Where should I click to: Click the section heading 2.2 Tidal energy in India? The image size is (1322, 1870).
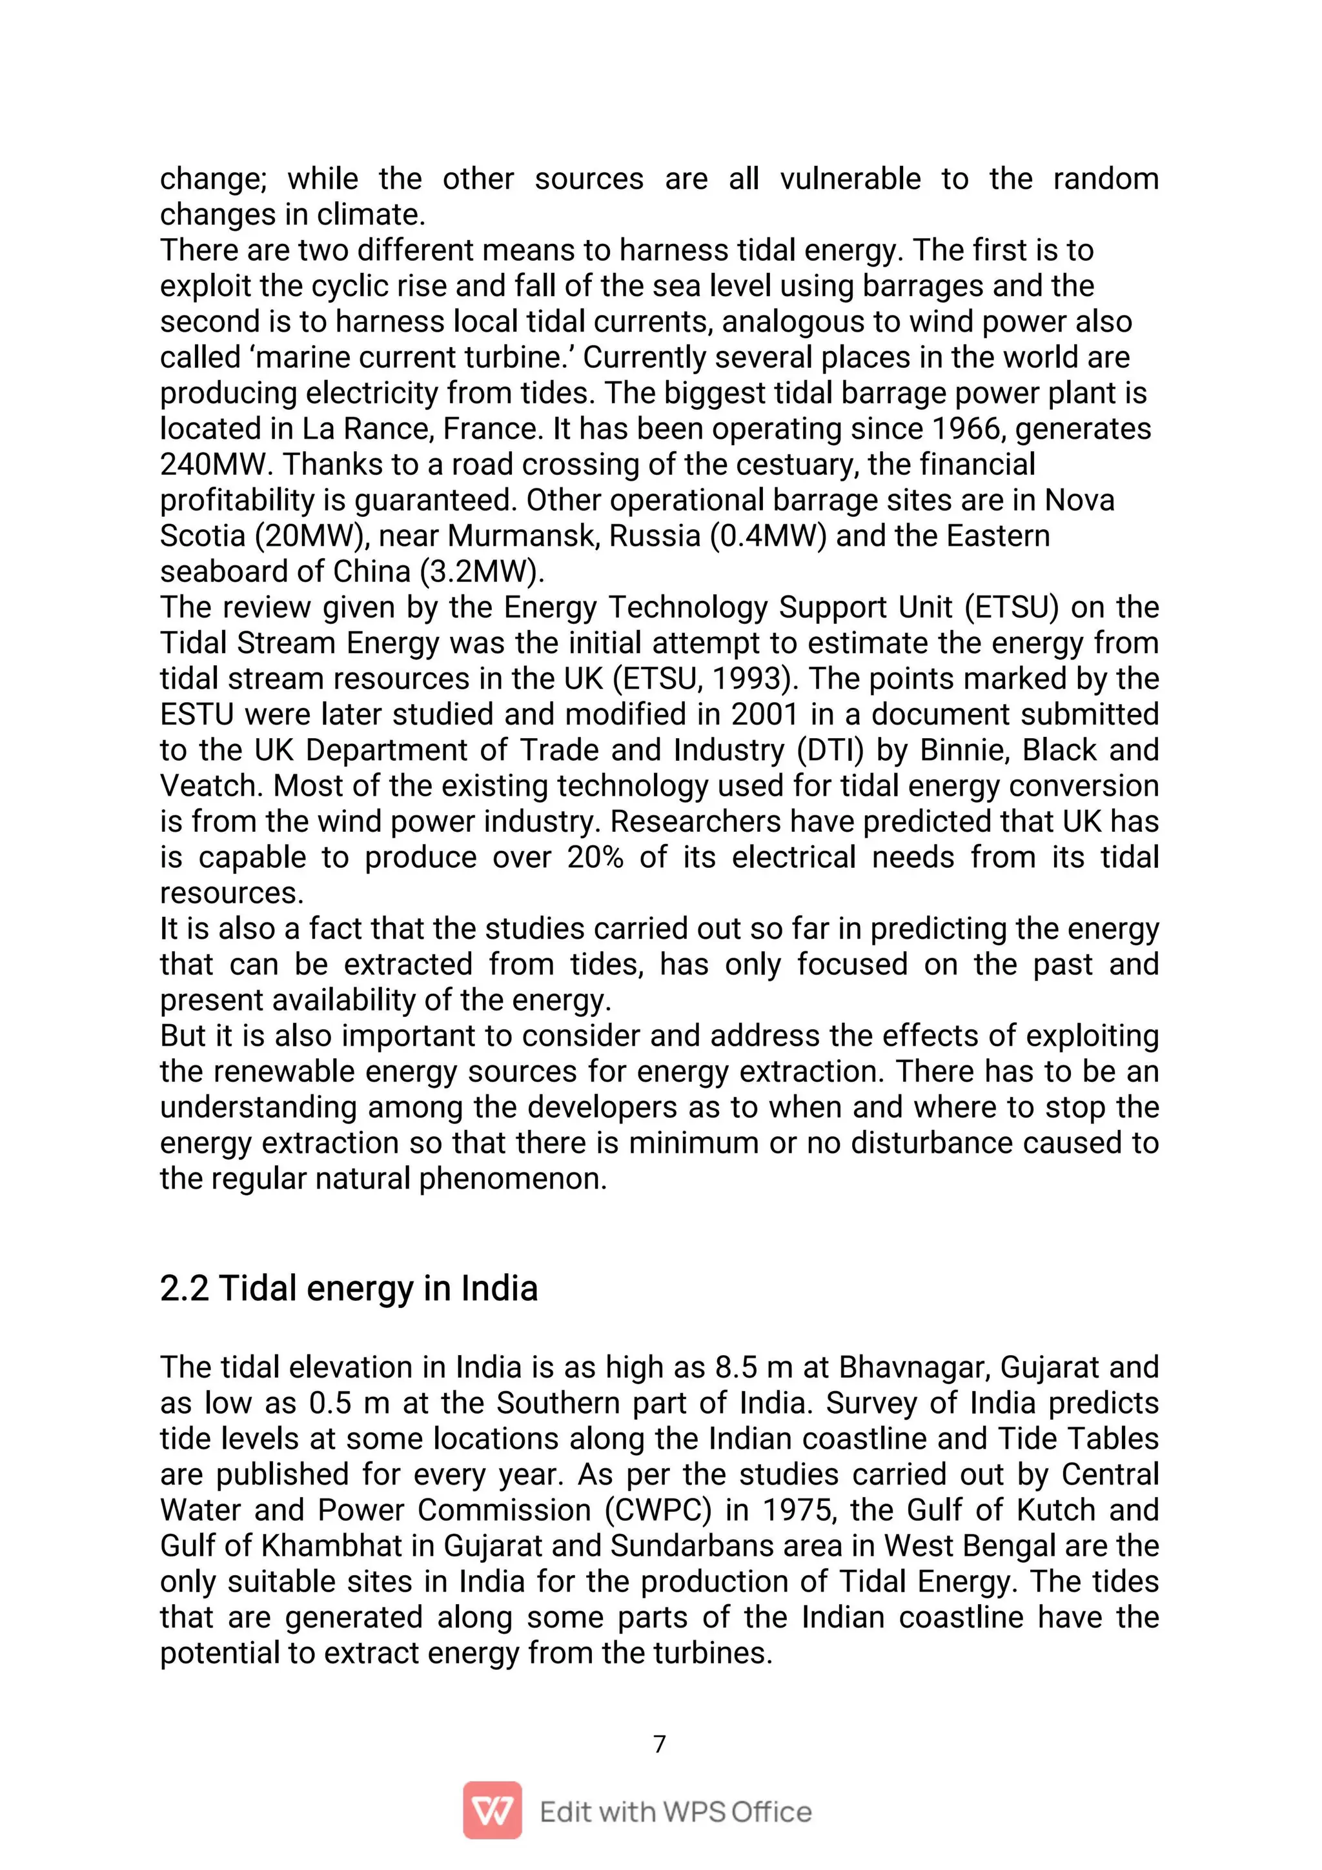[349, 1289]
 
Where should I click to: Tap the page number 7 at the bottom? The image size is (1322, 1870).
[660, 1744]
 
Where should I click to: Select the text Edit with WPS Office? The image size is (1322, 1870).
[675, 1812]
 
